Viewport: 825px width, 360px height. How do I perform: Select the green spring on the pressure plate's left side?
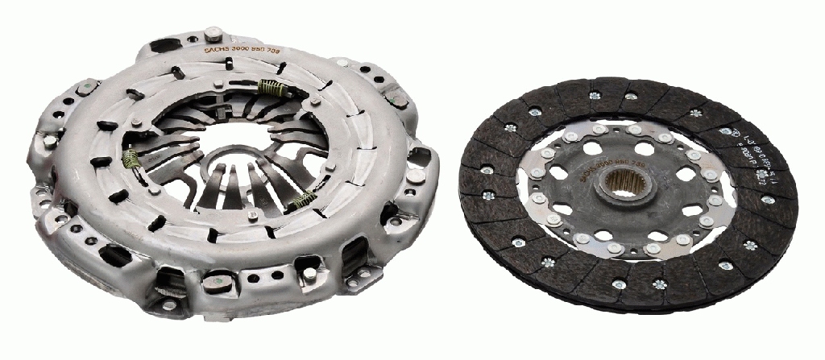(132, 162)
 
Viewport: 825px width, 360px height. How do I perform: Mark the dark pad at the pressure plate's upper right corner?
(396, 99)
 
